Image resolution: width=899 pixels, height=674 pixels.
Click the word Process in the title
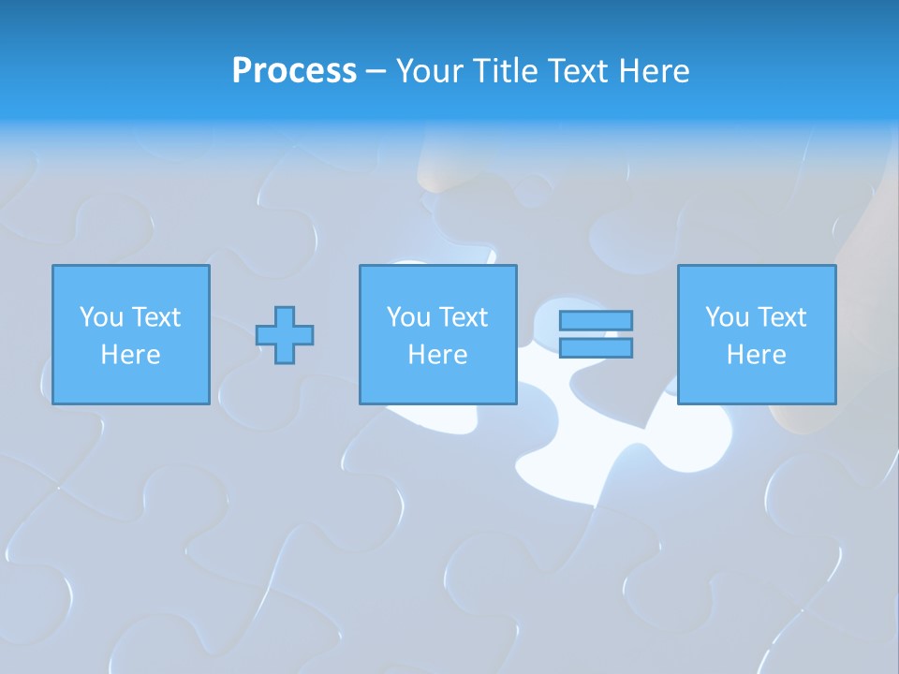[x=294, y=71]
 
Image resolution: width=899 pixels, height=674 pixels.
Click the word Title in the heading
[x=505, y=71]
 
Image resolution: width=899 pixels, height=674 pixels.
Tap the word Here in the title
[x=654, y=71]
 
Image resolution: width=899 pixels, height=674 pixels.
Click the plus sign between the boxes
[x=285, y=335]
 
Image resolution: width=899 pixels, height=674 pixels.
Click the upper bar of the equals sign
[x=596, y=320]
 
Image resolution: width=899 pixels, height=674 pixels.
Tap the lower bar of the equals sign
[x=596, y=347]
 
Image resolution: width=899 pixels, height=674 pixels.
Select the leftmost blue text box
[x=130, y=334]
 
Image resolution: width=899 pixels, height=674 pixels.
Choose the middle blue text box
[x=437, y=334]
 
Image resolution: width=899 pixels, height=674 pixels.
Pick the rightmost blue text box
[x=756, y=334]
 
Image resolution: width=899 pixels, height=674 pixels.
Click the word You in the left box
[x=101, y=317]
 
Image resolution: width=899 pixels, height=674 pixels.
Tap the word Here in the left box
[x=130, y=355]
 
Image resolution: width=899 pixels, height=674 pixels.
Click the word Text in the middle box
[x=464, y=317]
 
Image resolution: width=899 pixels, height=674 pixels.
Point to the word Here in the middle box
[x=437, y=355]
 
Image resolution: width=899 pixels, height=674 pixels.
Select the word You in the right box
[x=727, y=317]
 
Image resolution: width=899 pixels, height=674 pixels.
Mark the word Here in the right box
[x=756, y=355]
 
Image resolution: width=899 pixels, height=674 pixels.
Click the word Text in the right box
[x=782, y=317]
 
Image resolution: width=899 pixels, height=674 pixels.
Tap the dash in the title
[x=376, y=72]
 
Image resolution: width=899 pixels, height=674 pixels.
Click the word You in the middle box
[x=408, y=317]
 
